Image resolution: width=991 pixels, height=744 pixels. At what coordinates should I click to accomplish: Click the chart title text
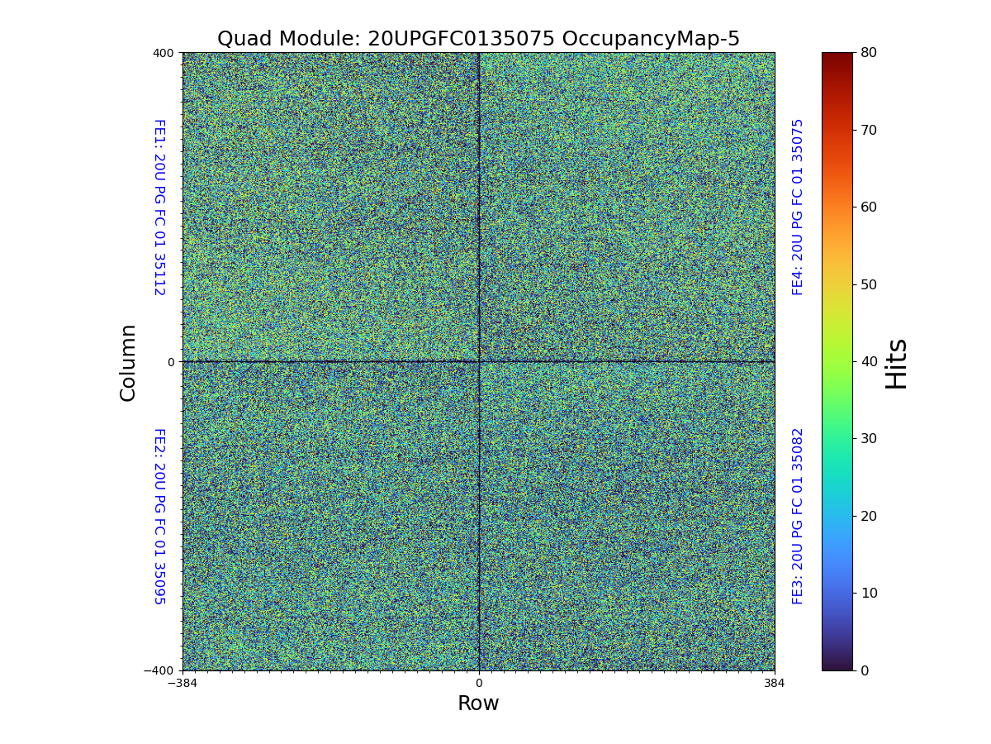pyautogui.click(x=478, y=39)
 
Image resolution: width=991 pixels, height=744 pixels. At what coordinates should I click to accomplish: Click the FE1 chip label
pyautogui.click(x=159, y=207)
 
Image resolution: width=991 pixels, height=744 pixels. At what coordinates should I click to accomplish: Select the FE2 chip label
pyautogui.click(x=159, y=516)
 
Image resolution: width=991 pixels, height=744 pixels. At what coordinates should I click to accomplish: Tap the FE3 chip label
pyautogui.click(x=798, y=516)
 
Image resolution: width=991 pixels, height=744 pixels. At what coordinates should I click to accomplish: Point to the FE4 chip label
pyautogui.click(x=798, y=207)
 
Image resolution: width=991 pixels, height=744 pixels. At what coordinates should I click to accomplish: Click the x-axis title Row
pyautogui.click(x=478, y=703)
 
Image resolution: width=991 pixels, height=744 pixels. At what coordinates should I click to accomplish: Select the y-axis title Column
pyautogui.click(x=128, y=362)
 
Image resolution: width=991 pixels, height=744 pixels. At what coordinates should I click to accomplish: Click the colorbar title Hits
pyautogui.click(x=896, y=363)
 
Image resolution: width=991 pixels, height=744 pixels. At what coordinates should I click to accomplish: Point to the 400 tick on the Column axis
pyautogui.click(x=164, y=53)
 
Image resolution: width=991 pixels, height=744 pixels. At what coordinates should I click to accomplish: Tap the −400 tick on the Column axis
pyautogui.click(x=159, y=670)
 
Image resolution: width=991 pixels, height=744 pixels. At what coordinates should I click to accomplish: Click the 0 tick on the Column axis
pyautogui.click(x=171, y=362)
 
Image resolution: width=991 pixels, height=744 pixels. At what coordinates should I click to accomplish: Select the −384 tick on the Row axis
pyautogui.click(x=182, y=684)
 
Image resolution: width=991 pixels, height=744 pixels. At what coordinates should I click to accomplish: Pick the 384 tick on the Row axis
pyautogui.click(x=775, y=684)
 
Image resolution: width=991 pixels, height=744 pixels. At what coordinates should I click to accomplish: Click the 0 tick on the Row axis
pyautogui.click(x=478, y=684)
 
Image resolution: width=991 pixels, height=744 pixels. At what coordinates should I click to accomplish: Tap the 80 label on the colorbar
pyautogui.click(x=868, y=52)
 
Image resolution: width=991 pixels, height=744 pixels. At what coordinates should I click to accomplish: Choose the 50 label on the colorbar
pyautogui.click(x=868, y=284)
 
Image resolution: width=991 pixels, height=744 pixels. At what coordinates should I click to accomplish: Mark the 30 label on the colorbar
pyautogui.click(x=868, y=439)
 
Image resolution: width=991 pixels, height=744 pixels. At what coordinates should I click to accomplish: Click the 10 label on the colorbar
pyautogui.click(x=868, y=594)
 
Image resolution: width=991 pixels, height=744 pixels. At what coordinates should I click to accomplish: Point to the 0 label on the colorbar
pyautogui.click(x=865, y=670)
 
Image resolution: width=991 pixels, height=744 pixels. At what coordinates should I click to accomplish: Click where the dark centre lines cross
pyautogui.click(x=479, y=361)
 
